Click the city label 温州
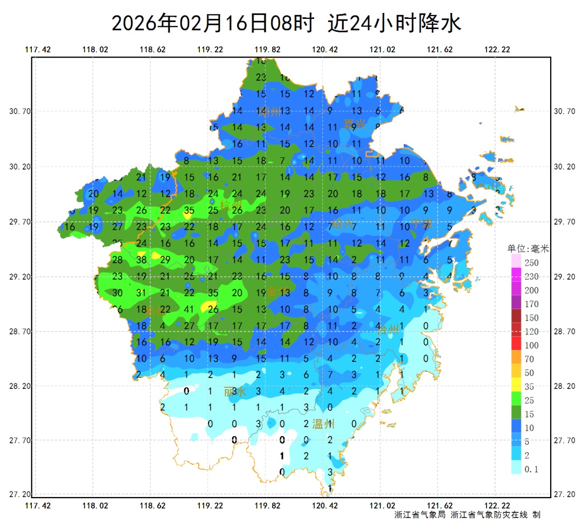click(323, 424)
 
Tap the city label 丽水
click(235, 392)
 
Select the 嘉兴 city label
click(355, 124)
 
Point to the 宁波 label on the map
click(421, 223)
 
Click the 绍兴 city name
click(343, 223)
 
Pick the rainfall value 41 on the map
click(189, 309)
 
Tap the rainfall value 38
click(142, 260)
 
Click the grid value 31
click(142, 293)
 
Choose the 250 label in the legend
click(532, 263)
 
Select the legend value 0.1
click(531, 469)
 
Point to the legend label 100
click(532, 345)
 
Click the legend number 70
click(530, 359)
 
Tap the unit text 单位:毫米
click(528, 249)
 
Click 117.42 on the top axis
click(38, 50)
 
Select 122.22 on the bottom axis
click(497, 505)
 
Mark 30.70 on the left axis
click(20, 111)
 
